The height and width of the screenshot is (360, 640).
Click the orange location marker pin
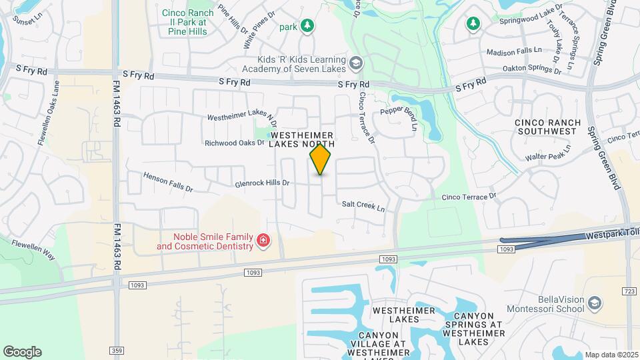[321, 159]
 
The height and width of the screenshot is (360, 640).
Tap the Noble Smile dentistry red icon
[263, 240]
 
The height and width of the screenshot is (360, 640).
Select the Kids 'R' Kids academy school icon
[355, 63]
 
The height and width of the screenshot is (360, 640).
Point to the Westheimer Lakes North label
[302, 140]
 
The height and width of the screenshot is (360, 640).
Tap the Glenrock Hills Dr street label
[262, 183]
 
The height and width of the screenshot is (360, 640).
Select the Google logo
[22, 351]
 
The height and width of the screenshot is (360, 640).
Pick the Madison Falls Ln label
[513, 51]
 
